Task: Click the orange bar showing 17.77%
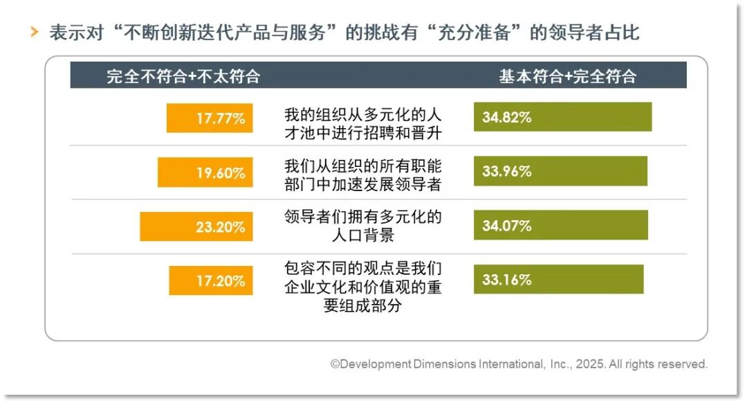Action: click(210, 118)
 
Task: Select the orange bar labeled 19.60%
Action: click(205, 172)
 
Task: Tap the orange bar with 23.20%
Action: click(196, 226)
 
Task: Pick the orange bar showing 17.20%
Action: click(211, 280)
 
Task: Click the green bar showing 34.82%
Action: click(562, 117)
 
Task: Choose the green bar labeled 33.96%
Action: click(560, 171)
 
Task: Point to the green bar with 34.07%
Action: click(560, 225)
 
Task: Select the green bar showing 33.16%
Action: click(558, 279)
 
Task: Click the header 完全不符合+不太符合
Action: click(183, 76)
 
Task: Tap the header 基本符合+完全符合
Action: click(567, 76)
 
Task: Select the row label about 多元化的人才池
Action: click(362, 123)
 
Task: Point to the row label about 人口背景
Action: click(362, 226)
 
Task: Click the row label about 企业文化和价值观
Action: click(362, 286)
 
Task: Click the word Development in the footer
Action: click(374, 364)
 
